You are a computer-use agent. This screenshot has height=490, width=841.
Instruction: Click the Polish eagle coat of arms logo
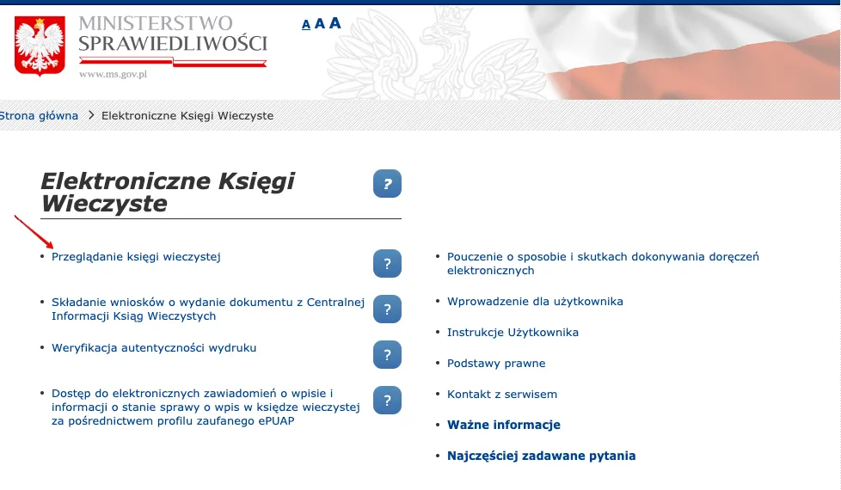point(40,46)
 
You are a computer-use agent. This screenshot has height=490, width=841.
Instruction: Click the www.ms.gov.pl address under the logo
point(114,74)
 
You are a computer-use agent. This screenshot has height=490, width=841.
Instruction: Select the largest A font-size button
point(335,23)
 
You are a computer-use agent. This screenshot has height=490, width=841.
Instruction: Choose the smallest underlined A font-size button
point(306,25)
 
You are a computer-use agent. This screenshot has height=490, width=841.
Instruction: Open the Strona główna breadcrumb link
point(40,115)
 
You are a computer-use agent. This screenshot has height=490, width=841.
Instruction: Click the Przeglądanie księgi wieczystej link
point(136,256)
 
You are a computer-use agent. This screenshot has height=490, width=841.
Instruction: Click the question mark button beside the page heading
point(387,183)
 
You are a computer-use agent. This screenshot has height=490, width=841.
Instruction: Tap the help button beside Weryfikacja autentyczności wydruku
point(387,353)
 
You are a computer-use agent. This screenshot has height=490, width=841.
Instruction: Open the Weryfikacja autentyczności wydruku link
point(154,348)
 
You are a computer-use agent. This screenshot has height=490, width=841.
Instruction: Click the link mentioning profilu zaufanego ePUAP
point(205,407)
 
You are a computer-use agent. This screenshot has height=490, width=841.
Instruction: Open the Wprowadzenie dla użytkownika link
point(535,302)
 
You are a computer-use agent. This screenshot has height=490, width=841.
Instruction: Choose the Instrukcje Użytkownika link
point(513,333)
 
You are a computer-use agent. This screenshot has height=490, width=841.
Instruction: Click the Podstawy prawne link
point(496,364)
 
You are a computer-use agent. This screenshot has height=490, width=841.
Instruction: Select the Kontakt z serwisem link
point(502,395)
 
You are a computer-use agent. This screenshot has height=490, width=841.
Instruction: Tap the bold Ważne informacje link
point(504,426)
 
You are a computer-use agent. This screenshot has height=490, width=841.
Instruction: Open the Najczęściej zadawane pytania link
point(542,456)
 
